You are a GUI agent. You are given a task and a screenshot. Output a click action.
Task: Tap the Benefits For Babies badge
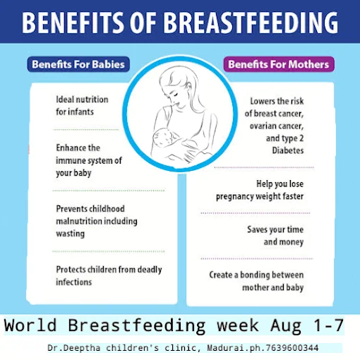pos(78,64)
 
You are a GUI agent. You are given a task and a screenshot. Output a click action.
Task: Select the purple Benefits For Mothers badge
pos(279,64)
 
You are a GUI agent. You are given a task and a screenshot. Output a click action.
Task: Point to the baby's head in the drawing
pos(162,136)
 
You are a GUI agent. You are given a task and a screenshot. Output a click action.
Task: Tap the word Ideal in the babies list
pos(65,100)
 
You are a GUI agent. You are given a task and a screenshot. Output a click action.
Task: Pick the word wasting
pos(71,234)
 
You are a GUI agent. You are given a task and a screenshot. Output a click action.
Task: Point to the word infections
pos(74,282)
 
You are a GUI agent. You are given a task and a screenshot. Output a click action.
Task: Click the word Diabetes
pos(288,150)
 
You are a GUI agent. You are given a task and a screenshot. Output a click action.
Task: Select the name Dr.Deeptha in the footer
pos(74,348)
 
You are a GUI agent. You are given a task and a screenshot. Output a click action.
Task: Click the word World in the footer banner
pos(30,325)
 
